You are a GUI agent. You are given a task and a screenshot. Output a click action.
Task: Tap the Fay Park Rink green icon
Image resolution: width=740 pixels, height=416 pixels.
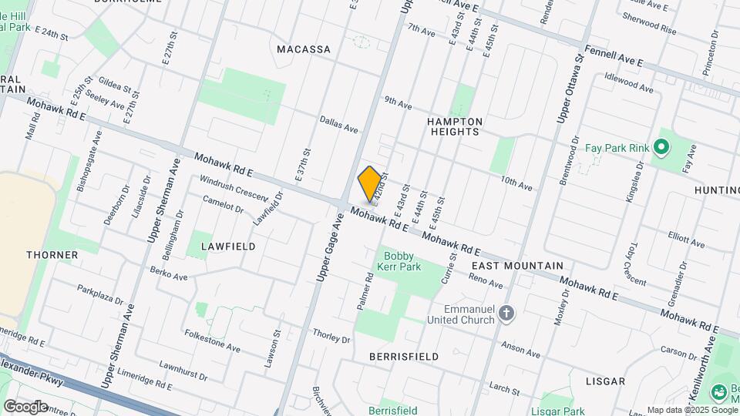point(661,146)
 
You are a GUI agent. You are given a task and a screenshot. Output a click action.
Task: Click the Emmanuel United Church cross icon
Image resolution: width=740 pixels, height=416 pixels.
point(506,313)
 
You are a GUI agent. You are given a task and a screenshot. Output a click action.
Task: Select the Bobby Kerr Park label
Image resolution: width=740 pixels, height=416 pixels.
point(399,261)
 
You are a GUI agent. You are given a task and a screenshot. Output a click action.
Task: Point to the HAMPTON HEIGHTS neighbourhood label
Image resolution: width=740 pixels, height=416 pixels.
point(455,126)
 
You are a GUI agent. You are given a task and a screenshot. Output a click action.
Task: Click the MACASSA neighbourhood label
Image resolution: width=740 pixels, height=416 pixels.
point(304,49)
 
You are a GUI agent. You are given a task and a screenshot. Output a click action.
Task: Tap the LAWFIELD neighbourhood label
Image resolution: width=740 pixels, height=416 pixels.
point(228,246)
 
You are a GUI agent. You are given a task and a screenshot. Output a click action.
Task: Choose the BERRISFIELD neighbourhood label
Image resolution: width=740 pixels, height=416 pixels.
point(404,357)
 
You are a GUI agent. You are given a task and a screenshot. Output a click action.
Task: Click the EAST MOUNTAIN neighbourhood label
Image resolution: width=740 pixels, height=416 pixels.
point(517,265)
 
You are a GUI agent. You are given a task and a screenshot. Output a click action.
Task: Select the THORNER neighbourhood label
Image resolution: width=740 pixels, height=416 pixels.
point(52,254)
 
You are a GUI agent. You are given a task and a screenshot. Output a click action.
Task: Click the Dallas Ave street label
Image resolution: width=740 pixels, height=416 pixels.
point(339,124)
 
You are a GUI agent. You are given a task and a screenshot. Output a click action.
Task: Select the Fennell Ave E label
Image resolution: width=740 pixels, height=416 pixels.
point(614,54)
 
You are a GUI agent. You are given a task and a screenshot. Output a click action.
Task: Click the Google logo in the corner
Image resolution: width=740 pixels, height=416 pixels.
point(25,406)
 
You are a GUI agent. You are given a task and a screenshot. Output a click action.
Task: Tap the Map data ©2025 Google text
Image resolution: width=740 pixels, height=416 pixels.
point(692,410)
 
